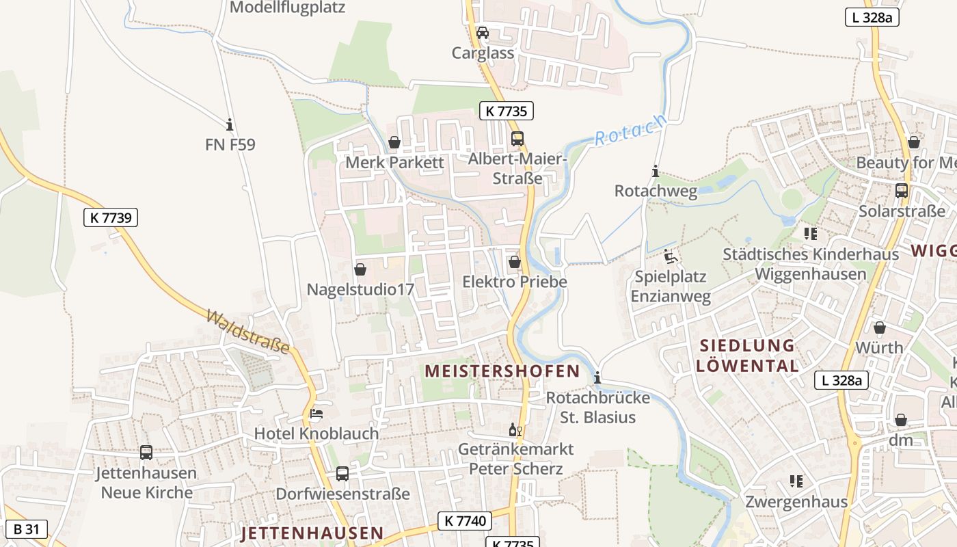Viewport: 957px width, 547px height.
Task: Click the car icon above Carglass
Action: [x=483, y=33]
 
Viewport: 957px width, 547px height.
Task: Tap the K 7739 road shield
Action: [x=110, y=218]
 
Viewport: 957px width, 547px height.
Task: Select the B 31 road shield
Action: [x=27, y=529]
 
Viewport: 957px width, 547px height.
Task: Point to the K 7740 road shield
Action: [x=465, y=521]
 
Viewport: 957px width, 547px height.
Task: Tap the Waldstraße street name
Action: [x=247, y=332]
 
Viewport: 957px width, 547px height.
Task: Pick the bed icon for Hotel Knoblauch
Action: [x=316, y=414]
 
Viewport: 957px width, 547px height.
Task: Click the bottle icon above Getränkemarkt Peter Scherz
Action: [x=515, y=430]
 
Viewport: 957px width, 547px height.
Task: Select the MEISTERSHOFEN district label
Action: [x=502, y=371]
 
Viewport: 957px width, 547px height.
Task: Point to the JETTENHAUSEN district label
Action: [x=312, y=533]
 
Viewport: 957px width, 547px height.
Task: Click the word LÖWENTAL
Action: [x=748, y=366]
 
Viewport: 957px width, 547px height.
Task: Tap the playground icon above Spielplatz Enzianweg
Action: [x=671, y=257]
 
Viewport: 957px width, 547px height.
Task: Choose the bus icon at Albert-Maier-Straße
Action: [x=517, y=139]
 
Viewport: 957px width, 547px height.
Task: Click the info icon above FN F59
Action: [x=230, y=124]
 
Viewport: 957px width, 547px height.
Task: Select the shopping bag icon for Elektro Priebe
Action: [x=515, y=262]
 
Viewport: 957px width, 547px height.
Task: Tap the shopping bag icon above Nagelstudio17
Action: [x=360, y=270]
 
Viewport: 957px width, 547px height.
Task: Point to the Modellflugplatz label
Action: [x=287, y=8]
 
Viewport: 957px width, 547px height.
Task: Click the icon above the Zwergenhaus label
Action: [x=796, y=481]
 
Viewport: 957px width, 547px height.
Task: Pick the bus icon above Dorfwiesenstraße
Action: [x=342, y=473]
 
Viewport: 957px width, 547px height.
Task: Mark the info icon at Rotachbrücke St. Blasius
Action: [x=598, y=377]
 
